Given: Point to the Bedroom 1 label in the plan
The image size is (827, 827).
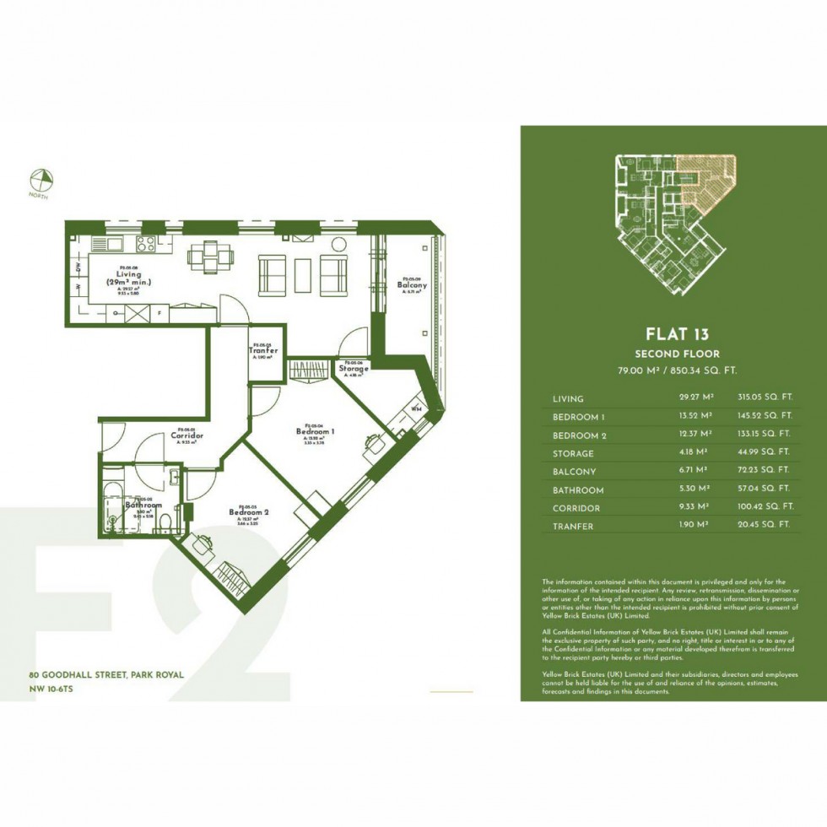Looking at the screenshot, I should click(316, 431).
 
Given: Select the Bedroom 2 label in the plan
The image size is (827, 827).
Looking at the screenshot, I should click(249, 512).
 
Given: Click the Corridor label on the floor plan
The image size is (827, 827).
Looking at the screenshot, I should click(186, 435).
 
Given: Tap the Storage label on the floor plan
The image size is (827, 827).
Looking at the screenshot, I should click(353, 369).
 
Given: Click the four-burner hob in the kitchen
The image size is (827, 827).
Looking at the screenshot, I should click(145, 245).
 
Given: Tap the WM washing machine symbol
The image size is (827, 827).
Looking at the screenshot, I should click(416, 408).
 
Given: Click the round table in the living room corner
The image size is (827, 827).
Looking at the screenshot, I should click(339, 245).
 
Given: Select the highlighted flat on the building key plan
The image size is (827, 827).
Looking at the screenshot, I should click(708, 181).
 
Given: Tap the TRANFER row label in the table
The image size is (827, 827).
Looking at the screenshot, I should click(573, 527).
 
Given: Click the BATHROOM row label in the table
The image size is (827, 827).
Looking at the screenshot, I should click(577, 490).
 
